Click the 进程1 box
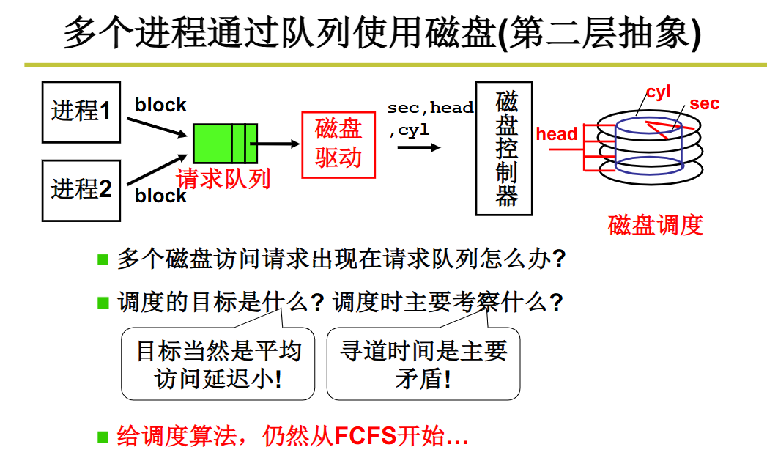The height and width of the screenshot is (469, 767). tap(81, 111)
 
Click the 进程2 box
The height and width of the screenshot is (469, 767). tap(81, 190)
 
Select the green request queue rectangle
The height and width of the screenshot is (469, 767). tap(225, 144)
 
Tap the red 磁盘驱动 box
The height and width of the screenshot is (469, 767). tap(338, 144)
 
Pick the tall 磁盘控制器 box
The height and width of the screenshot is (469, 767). tap(503, 147)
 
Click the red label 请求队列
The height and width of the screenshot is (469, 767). tap(223, 179)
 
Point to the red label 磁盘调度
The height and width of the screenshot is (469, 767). tap(655, 224)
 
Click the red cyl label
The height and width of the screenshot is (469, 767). tap(658, 93)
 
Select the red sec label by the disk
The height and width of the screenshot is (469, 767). tap(704, 104)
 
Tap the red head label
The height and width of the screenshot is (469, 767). tap(557, 134)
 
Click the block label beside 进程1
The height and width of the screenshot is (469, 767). tap(160, 106)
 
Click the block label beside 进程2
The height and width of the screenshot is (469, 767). tap(160, 196)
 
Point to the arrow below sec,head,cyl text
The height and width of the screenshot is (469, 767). tap(419, 147)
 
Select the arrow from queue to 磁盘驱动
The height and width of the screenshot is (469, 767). tap(278, 144)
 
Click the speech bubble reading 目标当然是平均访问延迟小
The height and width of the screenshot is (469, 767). tap(218, 364)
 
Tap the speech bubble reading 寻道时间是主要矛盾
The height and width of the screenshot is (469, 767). tap(423, 364)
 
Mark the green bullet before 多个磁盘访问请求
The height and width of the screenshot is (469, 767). tap(103, 259)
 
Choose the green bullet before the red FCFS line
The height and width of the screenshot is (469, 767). tap(103, 437)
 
